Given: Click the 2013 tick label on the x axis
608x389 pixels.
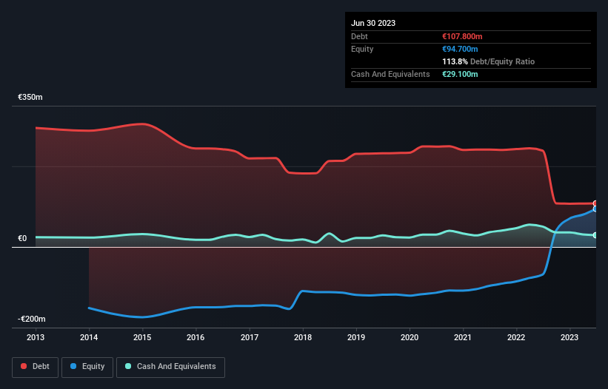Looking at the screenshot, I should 36,338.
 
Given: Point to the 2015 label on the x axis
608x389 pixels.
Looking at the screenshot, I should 142,338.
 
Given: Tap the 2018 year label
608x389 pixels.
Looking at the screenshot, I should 303,338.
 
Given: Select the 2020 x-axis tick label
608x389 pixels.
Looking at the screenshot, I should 410,338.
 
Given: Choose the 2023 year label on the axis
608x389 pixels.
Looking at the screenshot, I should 570,338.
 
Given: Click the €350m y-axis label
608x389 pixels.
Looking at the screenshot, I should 30,98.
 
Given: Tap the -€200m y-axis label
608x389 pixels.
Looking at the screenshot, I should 32,319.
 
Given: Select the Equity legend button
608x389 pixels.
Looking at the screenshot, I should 87,366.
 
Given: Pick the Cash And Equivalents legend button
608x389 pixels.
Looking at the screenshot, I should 170,366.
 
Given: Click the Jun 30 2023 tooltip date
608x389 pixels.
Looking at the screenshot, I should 373,23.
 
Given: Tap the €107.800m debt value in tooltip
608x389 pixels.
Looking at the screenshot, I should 462,36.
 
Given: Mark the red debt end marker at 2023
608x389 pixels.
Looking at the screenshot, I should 595,203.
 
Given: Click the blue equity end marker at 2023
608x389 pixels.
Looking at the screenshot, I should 595,209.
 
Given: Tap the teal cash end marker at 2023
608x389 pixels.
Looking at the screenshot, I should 595,235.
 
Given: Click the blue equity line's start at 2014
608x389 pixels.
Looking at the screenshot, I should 89,308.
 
